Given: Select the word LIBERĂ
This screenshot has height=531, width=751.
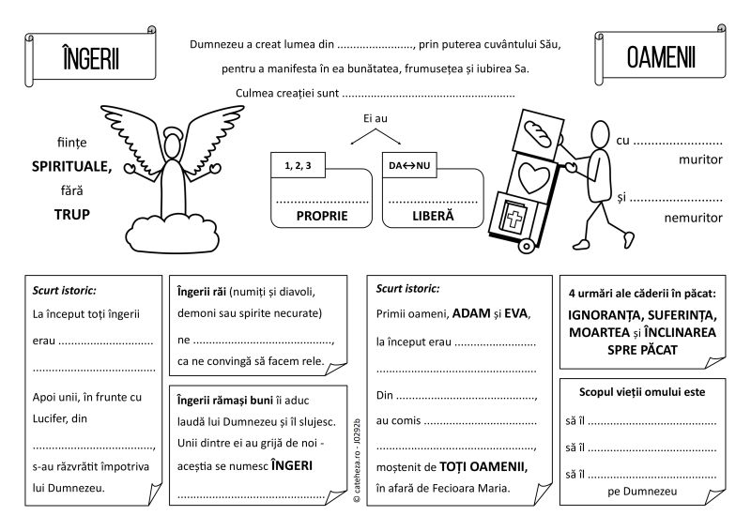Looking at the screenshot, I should click(x=432, y=215).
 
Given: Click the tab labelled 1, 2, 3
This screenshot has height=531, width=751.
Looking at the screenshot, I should click(x=297, y=166).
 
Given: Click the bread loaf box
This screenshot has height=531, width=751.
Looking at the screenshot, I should click(x=539, y=129).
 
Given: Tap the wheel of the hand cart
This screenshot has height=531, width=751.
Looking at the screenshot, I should click(x=526, y=246).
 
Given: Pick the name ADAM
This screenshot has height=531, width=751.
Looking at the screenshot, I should click(x=472, y=314).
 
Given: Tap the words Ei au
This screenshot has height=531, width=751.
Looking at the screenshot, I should click(x=375, y=119).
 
